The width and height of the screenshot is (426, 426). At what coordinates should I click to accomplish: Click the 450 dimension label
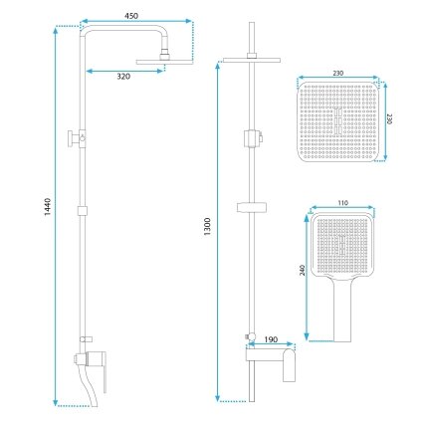pos(131,16)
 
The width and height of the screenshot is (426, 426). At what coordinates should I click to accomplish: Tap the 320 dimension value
pos(123,77)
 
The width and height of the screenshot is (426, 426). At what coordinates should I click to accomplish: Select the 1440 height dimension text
pos(48,207)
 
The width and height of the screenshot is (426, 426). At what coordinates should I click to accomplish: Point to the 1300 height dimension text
pos(207,227)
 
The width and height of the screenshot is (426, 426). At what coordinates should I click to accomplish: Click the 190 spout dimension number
pos(271,339)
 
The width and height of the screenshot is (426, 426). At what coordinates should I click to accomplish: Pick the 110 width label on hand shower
pos(343,203)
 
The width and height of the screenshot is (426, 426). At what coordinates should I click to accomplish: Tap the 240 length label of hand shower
pos(303,270)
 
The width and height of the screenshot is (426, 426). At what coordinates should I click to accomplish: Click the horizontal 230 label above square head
pos(337,74)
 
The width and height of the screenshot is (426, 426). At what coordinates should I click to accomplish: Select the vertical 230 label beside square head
pos(389,118)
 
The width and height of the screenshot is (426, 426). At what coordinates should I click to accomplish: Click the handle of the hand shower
pos(342,311)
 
